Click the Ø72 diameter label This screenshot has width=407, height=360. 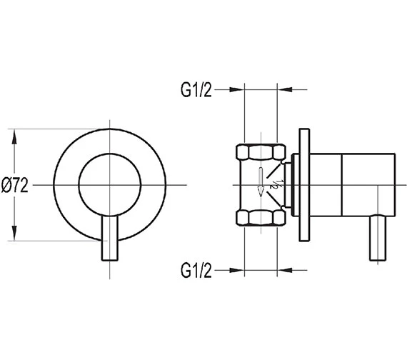pyautogui.click(x=15, y=186)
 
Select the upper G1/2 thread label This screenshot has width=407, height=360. pyautogui.click(x=196, y=90)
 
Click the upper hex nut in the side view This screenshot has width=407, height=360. pyautogui.click(x=260, y=153)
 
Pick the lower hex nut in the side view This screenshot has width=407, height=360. pyautogui.click(x=260, y=216)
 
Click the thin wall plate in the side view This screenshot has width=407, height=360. pyautogui.click(x=305, y=185)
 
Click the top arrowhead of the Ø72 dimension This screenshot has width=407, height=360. pyautogui.click(x=15, y=133)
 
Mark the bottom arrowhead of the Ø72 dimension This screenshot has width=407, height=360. pyautogui.click(x=15, y=237)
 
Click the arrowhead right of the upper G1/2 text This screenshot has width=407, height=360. pyautogui.click(x=238, y=90)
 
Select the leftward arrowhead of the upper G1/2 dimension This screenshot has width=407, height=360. pyautogui.click(x=284, y=90)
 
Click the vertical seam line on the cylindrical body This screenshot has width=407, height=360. pyautogui.click(x=344, y=185)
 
